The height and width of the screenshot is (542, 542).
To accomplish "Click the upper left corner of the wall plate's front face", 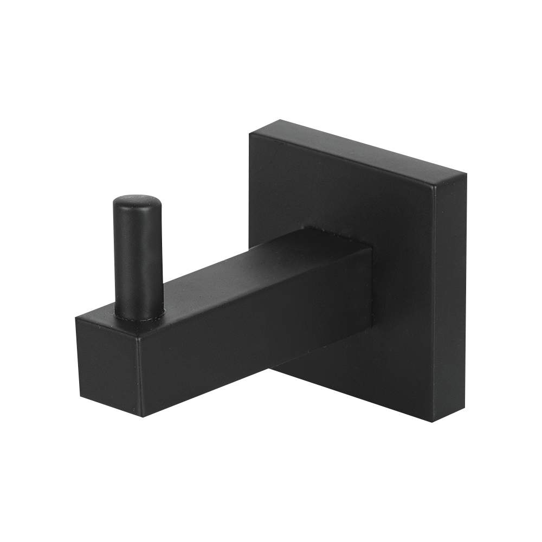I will pyautogui.click(x=250, y=133).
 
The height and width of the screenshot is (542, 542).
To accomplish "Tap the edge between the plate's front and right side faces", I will pyautogui.click(x=434, y=304).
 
